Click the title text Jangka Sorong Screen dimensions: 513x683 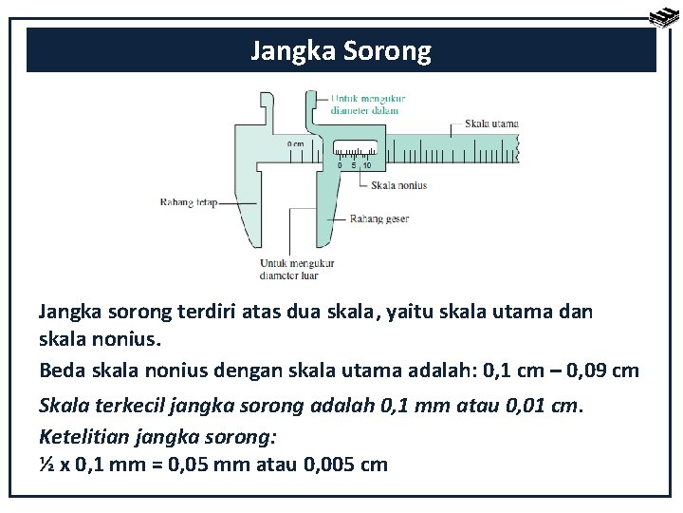(x=341, y=50)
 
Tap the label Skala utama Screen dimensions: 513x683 (x=491, y=123)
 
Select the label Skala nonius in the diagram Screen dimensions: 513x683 (x=399, y=185)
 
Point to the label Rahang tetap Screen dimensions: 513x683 (x=189, y=201)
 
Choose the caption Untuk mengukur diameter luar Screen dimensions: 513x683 (x=289, y=270)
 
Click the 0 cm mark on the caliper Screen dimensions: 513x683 (x=295, y=144)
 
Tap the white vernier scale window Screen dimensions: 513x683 (x=356, y=148)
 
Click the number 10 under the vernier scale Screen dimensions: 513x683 (x=366, y=165)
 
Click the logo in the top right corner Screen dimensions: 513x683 (x=662, y=15)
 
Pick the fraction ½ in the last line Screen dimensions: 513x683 (x=46, y=465)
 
